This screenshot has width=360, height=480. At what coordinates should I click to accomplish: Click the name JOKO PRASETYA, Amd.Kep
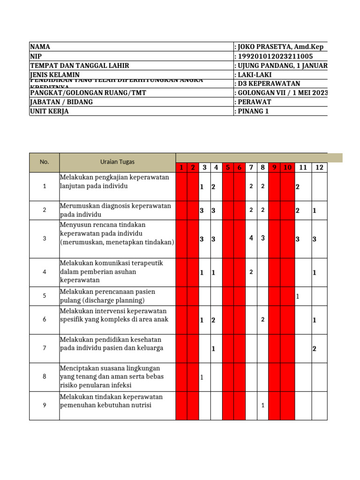(x=279, y=47)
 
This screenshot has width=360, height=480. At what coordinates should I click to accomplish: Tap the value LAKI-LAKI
(x=255, y=75)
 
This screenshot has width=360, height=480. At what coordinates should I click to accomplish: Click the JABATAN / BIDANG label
(x=61, y=102)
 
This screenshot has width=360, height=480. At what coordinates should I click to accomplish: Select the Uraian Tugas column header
(x=117, y=162)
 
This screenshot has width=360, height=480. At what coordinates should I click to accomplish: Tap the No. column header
(x=45, y=162)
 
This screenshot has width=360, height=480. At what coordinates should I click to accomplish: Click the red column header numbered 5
(x=228, y=167)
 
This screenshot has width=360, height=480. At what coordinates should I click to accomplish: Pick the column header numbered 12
(x=319, y=167)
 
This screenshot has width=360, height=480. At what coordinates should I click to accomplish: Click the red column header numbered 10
(x=288, y=167)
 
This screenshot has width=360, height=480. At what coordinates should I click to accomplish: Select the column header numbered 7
(x=251, y=167)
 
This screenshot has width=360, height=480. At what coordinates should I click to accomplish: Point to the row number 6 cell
(x=45, y=320)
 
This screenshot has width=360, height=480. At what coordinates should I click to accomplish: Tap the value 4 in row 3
(x=251, y=238)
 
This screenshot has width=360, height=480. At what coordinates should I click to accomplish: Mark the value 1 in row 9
(x=263, y=405)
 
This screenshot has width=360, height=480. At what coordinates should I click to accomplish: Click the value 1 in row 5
(x=297, y=296)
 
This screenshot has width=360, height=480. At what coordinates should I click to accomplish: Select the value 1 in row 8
(x=202, y=377)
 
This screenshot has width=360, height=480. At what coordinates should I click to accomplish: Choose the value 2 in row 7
(x=315, y=348)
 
